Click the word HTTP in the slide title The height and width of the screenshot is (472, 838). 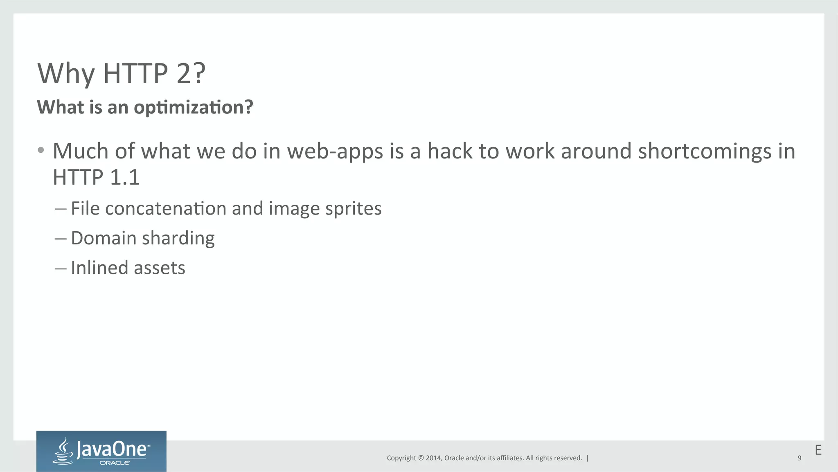click(x=135, y=74)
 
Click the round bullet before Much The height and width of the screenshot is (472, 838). click(x=41, y=150)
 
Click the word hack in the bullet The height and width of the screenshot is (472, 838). click(x=450, y=151)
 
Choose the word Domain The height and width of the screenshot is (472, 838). click(x=104, y=238)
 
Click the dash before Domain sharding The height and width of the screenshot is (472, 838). click(x=61, y=239)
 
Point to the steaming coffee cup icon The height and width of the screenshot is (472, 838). click(x=63, y=452)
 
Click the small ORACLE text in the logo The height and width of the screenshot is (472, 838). click(x=115, y=463)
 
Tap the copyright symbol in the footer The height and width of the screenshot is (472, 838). click(x=421, y=458)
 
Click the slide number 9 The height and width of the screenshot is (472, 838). click(x=799, y=458)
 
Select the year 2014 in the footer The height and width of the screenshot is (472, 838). click(x=433, y=458)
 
